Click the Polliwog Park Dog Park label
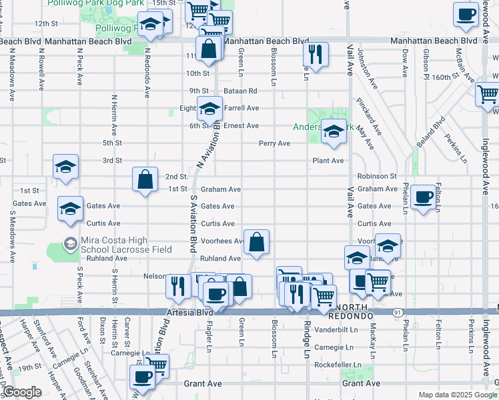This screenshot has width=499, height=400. [x=93, y=3]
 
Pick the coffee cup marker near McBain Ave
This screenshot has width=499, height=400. [x=466, y=13]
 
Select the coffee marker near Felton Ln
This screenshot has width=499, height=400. [x=423, y=197]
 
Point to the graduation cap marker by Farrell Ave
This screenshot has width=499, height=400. [x=209, y=107]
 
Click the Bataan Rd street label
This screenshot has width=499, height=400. [x=242, y=91]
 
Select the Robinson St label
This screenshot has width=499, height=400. [x=377, y=176]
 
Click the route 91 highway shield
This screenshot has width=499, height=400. [x=398, y=312]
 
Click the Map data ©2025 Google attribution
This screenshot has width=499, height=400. [x=457, y=395]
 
